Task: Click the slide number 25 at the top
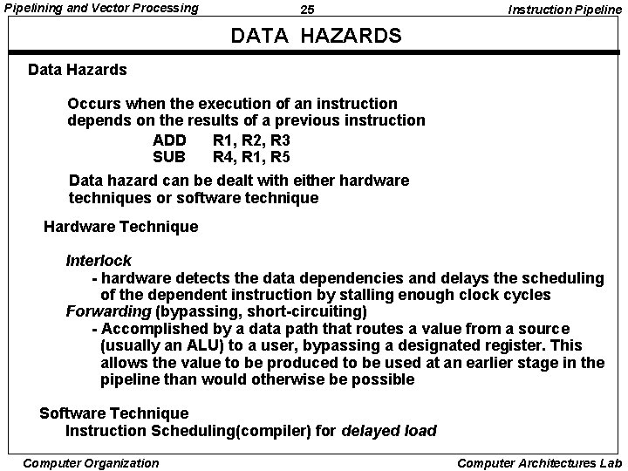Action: click(x=307, y=10)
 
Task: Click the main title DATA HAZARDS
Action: click(x=316, y=36)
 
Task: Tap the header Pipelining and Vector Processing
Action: click(x=102, y=9)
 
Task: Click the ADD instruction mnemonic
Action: click(x=169, y=140)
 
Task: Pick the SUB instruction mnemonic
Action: click(x=169, y=157)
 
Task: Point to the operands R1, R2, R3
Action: click(x=251, y=140)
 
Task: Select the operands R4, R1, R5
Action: click(x=251, y=157)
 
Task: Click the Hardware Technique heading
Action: click(x=120, y=227)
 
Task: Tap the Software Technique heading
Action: click(x=114, y=413)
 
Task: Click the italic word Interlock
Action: click(x=99, y=261)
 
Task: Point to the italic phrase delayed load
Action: click(x=389, y=431)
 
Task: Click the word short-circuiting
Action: click(x=307, y=311)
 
